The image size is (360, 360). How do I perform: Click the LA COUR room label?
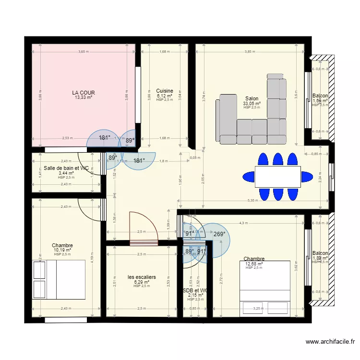(84, 92)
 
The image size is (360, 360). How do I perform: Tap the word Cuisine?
(165, 91)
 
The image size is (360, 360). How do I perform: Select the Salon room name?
(252, 98)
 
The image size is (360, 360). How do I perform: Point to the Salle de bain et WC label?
(66, 168)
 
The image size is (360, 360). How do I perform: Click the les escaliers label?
(142, 277)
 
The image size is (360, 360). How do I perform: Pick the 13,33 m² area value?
(84, 97)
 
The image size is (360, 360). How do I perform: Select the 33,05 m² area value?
(252, 103)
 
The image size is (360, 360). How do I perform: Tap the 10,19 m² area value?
(62, 250)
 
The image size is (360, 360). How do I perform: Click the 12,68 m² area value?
(254, 264)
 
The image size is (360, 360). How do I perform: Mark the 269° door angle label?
(219, 234)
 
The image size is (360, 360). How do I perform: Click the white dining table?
(278, 177)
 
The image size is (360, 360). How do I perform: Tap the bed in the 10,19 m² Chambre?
(59, 281)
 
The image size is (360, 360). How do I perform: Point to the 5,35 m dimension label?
(252, 201)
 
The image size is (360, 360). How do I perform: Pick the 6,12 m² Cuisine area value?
(165, 96)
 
